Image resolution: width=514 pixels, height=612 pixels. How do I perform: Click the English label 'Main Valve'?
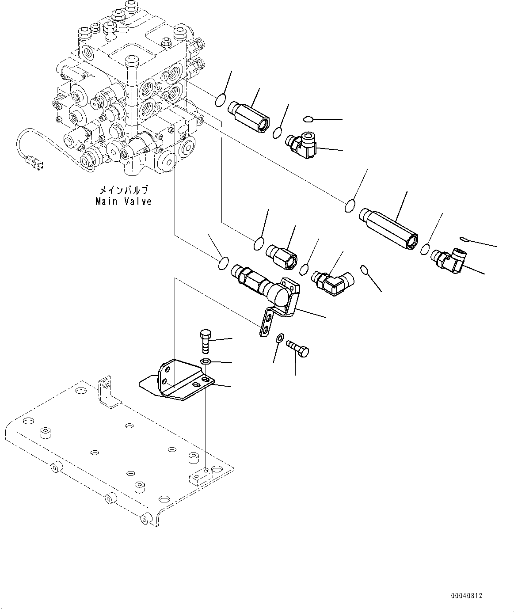click(124, 201)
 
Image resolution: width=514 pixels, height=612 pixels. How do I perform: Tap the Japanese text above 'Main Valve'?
click(124, 190)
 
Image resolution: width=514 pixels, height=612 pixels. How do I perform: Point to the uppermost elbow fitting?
click(302, 146)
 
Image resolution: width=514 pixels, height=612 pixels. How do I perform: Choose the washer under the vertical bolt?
click(205, 362)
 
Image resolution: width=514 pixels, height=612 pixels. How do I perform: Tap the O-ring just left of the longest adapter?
click(350, 205)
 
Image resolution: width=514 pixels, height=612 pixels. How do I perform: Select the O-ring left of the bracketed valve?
click(224, 263)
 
